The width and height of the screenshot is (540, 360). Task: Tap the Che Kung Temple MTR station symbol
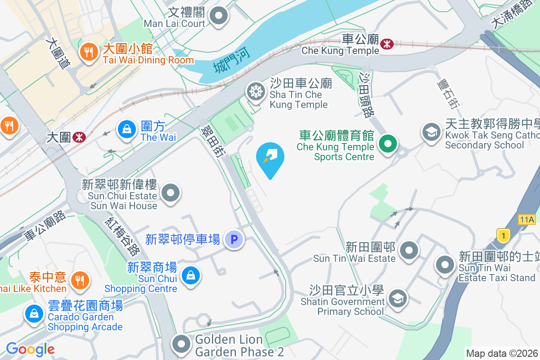[x=387, y=44]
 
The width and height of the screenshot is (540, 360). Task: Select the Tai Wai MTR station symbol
[x=79, y=137]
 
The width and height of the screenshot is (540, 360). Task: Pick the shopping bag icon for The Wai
[x=127, y=130]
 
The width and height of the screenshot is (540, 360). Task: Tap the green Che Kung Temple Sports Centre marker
[x=387, y=144]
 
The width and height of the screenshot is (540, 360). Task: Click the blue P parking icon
[x=234, y=239]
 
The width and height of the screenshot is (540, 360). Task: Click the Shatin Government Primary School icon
[x=397, y=298]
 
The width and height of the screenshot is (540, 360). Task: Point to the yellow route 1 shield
[x=503, y=235]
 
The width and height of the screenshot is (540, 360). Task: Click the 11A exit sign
[x=526, y=220]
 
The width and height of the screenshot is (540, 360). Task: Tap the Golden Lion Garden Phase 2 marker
[x=182, y=344]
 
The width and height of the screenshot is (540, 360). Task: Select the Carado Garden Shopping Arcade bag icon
[x=34, y=313]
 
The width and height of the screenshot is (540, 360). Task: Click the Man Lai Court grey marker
[x=219, y=16]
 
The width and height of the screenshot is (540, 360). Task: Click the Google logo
[x=30, y=349]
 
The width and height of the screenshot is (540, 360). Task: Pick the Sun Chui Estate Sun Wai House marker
[x=171, y=194]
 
